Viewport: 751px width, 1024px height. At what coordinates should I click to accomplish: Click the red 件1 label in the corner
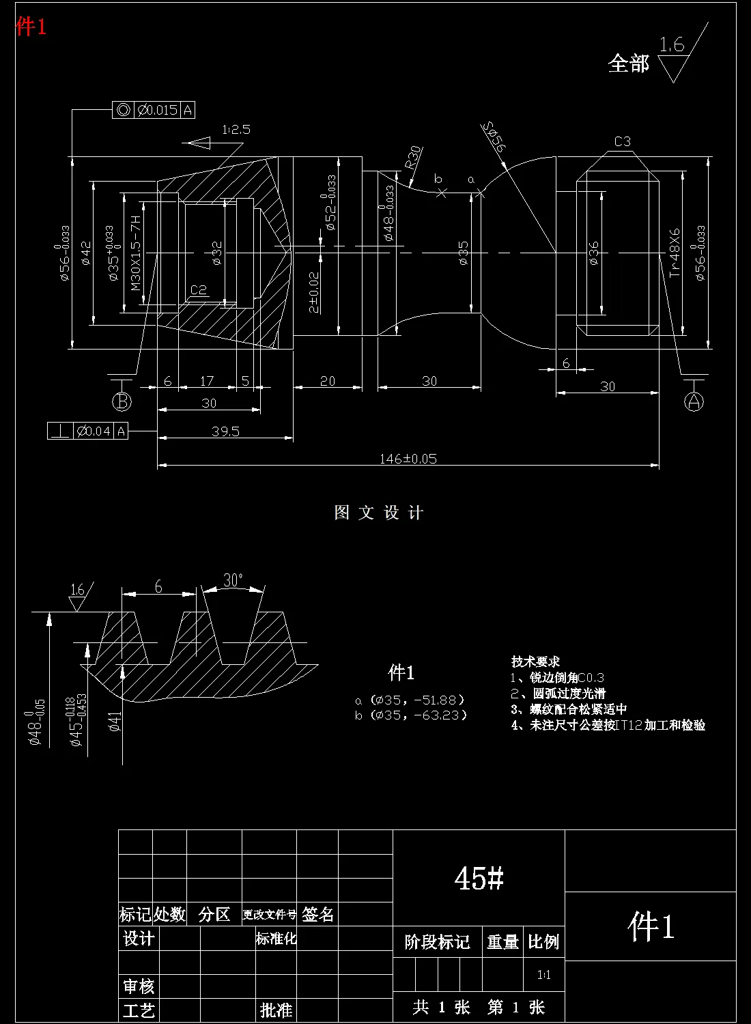point(31,27)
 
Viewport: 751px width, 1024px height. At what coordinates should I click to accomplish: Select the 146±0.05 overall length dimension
point(408,459)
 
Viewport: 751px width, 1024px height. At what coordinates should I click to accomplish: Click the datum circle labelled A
point(694,401)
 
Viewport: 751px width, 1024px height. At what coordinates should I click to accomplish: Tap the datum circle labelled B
point(122,401)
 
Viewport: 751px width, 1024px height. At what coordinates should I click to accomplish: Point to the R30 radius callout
point(413,158)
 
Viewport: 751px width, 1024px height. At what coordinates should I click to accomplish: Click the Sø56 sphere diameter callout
point(493,137)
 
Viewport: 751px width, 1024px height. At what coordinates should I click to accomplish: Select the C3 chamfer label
point(622,142)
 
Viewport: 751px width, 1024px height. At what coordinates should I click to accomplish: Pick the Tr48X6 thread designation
point(675,252)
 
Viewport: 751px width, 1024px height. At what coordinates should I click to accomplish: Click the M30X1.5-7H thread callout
point(135,253)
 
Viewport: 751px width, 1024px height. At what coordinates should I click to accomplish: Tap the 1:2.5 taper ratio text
point(236,129)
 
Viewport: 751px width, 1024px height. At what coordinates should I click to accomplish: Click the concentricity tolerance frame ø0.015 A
point(154,109)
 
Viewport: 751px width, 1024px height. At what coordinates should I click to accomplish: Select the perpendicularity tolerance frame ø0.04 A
point(88,431)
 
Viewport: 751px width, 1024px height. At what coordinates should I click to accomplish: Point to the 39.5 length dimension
point(225,431)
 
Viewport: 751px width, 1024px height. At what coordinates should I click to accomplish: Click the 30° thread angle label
point(233,580)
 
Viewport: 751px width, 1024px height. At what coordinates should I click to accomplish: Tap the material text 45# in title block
point(479,878)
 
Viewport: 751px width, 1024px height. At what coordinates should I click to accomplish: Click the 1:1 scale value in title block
point(543,975)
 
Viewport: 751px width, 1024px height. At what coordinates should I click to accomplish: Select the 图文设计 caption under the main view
point(379,513)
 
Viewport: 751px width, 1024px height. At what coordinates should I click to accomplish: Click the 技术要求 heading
point(535,661)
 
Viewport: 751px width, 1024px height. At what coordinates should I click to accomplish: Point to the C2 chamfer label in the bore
point(198,290)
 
